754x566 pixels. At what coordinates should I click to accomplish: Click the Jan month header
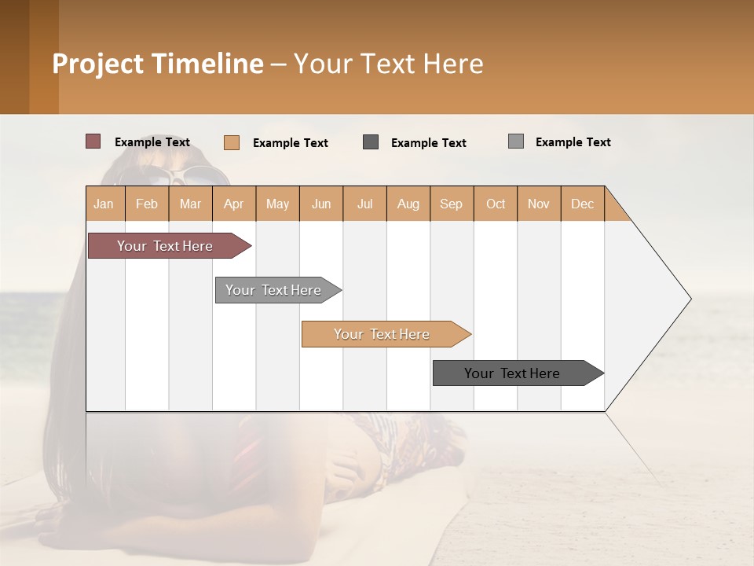click(x=104, y=204)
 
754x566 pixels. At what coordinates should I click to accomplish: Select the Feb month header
click(x=147, y=204)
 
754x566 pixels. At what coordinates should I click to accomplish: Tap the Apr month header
click(x=234, y=204)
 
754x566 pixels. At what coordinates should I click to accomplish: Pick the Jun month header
click(x=321, y=204)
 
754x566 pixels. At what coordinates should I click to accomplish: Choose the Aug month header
click(x=408, y=204)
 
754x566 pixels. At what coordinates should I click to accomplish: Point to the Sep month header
click(x=452, y=204)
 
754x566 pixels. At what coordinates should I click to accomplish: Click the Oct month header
click(x=496, y=204)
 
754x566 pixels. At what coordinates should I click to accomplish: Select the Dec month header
click(x=583, y=204)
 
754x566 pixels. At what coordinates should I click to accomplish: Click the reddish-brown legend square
click(x=93, y=141)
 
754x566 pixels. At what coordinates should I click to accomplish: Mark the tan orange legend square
click(x=232, y=142)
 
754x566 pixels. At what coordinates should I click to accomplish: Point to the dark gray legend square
click(x=371, y=142)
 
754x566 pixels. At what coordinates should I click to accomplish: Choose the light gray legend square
click(x=516, y=141)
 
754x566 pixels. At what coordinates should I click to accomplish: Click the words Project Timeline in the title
click(x=158, y=64)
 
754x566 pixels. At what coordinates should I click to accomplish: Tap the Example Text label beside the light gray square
click(x=573, y=142)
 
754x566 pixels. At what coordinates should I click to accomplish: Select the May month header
click(x=277, y=204)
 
